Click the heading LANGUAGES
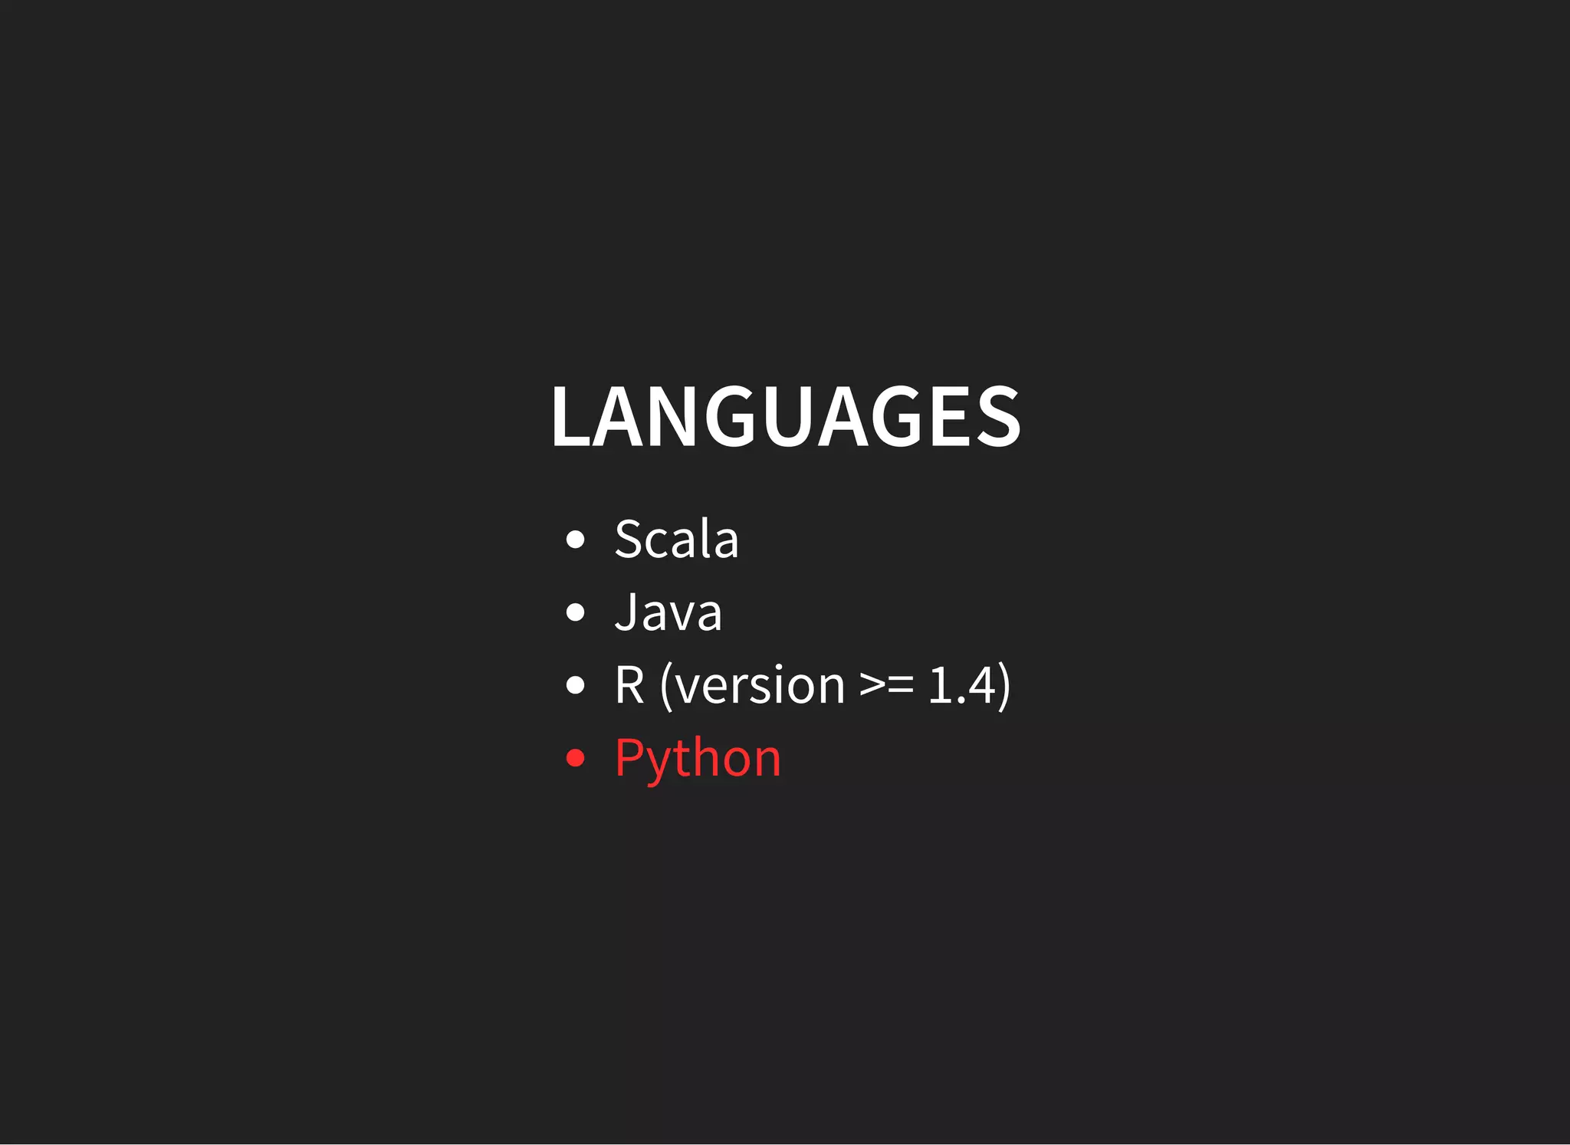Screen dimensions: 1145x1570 [785, 416]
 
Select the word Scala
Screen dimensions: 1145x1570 [676, 539]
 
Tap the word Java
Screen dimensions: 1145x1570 [668, 612]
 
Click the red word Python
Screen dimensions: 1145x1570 [698, 758]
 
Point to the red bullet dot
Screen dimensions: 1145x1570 [575, 758]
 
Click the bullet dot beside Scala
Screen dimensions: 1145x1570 [575, 540]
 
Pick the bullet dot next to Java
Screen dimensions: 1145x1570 [575, 612]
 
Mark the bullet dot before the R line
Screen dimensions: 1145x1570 [575, 685]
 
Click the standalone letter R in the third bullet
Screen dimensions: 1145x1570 [629, 684]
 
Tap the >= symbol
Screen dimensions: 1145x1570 [887, 686]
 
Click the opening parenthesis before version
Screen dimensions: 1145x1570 [665, 686]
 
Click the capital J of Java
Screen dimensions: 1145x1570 [626, 612]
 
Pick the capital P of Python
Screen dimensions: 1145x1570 [629, 757]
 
